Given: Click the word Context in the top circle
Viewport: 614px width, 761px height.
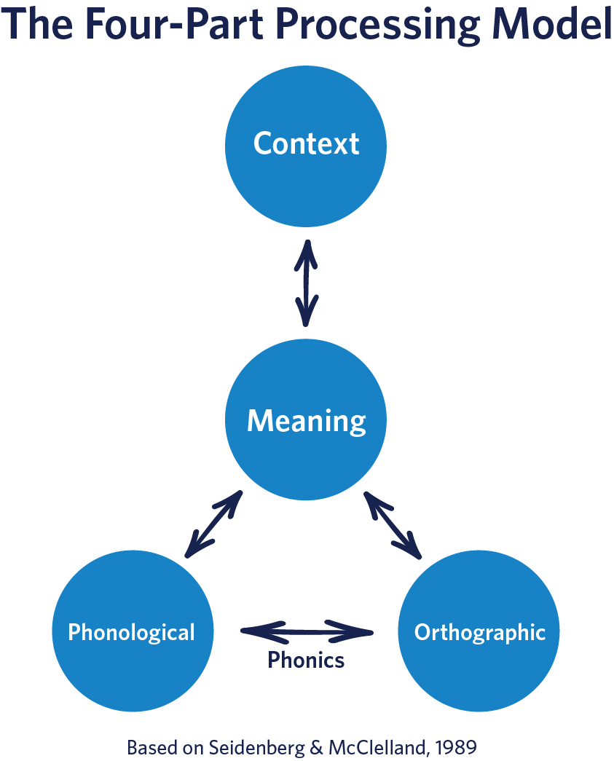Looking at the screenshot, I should (306, 143).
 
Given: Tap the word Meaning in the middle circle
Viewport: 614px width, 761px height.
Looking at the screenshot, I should (306, 421).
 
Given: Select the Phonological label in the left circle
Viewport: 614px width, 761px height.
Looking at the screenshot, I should (132, 631).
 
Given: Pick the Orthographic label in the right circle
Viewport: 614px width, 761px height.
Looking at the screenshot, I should (479, 631).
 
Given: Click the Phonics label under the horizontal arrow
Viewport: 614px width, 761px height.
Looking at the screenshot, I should (306, 660).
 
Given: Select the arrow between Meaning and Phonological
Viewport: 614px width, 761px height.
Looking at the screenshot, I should (213, 524).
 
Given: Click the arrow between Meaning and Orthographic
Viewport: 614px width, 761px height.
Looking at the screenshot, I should (393, 525).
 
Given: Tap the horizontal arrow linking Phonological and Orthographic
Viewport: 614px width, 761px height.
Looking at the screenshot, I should (306, 631).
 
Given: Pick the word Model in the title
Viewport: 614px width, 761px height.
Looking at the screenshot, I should (551, 25).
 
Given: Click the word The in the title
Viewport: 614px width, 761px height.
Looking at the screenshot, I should (41, 25).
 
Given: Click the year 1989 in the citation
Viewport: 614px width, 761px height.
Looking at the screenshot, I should (458, 747).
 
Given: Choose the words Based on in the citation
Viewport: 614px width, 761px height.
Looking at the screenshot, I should (165, 747).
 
